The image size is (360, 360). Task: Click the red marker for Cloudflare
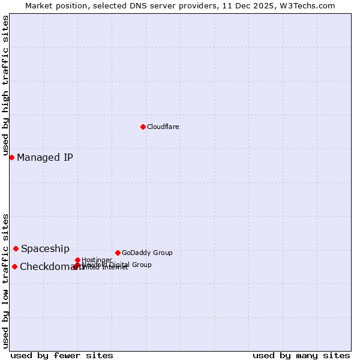tap(143, 127)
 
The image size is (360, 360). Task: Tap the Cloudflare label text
tap(163, 127)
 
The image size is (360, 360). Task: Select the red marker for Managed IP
tap(11, 157)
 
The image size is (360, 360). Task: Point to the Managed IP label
tap(45, 158)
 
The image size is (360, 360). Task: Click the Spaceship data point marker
tap(16, 248)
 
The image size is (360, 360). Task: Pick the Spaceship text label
tap(45, 249)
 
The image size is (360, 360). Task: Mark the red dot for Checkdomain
tap(14, 266)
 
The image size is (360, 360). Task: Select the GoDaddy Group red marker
tap(118, 253)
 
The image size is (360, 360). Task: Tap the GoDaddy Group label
tap(147, 253)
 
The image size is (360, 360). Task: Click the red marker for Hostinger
tap(77, 260)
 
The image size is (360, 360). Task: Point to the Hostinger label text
tap(97, 260)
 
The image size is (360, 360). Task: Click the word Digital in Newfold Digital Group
tap(121, 265)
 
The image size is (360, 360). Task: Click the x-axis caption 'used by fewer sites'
tap(62, 355)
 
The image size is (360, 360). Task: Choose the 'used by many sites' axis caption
tap(301, 355)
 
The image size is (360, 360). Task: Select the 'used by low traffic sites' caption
tap(6, 281)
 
